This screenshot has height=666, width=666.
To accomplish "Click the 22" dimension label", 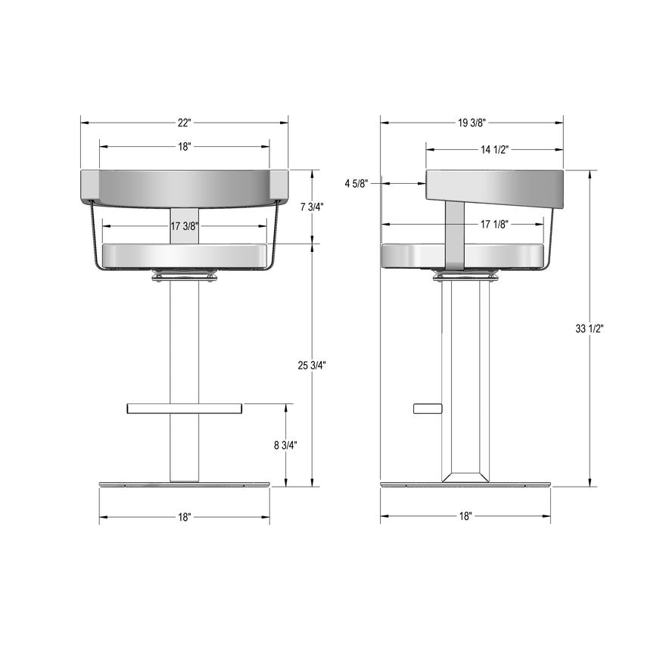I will tap(184, 123).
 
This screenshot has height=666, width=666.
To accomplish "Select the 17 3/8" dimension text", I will tap(185, 226).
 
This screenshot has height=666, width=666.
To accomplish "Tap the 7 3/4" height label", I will tap(312, 207).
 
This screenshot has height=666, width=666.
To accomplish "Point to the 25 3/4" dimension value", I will tap(312, 366).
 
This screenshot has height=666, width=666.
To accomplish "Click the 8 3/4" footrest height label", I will tap(285, 445).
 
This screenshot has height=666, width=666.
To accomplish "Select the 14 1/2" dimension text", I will tap(495, 149).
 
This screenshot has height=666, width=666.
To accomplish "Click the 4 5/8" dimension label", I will tap(356, 183).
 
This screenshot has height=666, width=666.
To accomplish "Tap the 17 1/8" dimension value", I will tap(495, 224).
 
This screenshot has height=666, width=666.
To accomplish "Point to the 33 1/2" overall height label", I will tap(590, 328).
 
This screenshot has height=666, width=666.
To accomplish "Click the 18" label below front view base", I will tap(184, 517).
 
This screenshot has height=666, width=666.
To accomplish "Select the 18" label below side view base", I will tap(465, 517).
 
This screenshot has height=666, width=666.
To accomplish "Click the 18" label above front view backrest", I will tap(184, 147).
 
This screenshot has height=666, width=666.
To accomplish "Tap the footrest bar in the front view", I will tap(184, 409).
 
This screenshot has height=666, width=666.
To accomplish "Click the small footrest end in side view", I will tap(427, 409).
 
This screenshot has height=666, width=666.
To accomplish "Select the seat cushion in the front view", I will tap(184, 256).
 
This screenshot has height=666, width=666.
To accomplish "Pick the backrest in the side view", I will tap(494, 189).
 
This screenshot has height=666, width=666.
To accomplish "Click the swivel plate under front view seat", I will tap(184, 277).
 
